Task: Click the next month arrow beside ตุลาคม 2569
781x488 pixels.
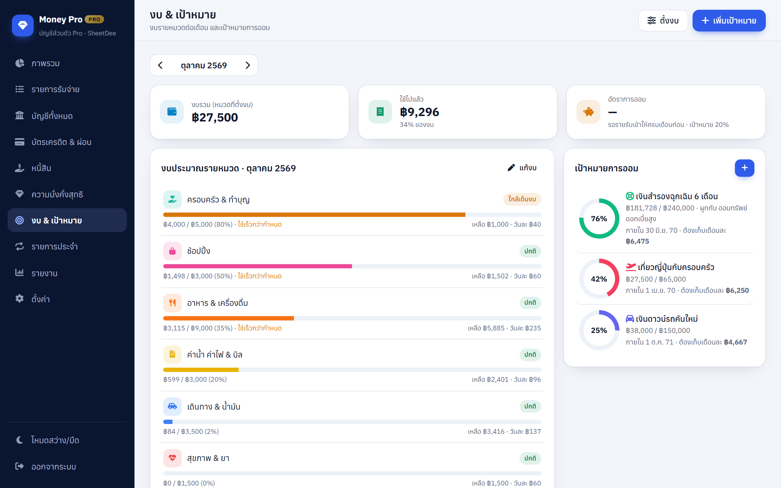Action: point(248,65)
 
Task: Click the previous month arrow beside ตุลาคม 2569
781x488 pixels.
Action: point(160,65)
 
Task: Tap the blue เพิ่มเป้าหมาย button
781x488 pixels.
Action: point(729,21)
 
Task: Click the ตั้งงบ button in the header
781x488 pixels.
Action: point(663,21)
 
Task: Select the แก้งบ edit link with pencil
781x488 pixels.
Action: point(522,168)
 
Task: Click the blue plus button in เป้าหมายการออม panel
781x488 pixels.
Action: point(744,168)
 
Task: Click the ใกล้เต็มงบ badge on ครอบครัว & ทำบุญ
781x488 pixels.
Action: point(522,199)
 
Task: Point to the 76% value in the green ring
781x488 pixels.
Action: point(599,219)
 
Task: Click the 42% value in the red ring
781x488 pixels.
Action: point(599,279)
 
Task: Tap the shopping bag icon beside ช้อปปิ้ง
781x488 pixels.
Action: point(172,251)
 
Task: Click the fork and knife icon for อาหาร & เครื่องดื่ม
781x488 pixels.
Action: point(172,303)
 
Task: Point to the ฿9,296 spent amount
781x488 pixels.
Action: point(419,112)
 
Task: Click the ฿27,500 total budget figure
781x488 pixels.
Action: point(215,117)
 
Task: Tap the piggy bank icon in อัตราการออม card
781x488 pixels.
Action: point(588,112)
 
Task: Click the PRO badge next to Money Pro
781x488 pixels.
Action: point(94,20)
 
